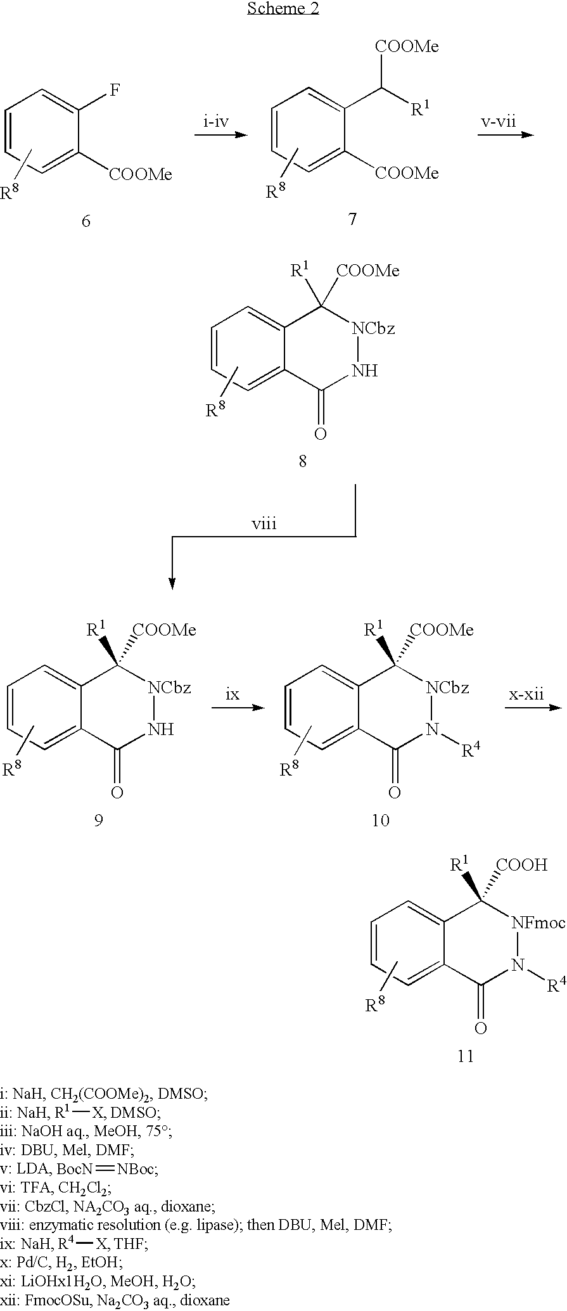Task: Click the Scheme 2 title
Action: tap(283, 9)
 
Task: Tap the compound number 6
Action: tap(86, 221)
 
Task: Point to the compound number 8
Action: tap(303, 461)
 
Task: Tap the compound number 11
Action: tap(466, 1056)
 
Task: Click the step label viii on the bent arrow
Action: tap(264, 524)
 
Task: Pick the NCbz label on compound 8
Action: tap(374, 329)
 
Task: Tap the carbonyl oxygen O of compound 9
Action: tap(117, 792)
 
